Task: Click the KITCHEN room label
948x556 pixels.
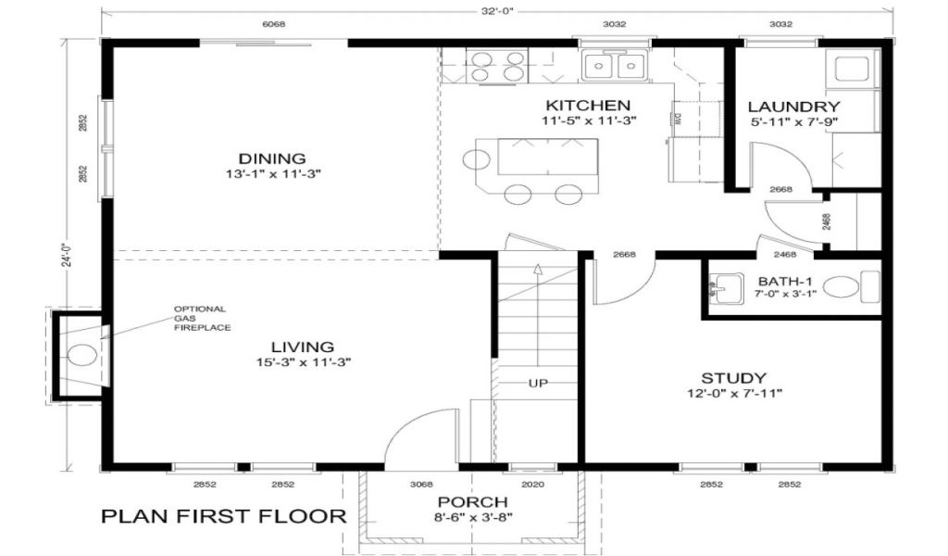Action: (x=588, y=106)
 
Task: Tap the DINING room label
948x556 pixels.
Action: (x=272, y=158)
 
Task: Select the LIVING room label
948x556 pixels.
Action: (x=303, y=347)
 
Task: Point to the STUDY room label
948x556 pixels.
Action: (x=733, y=378)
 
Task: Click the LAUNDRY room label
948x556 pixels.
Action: (x=793, y=107)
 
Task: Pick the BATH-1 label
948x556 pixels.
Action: (x=785, y=282)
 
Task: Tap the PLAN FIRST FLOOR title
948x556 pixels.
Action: (x=224, y=516)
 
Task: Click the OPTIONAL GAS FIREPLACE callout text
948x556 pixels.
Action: (x=202, y=318)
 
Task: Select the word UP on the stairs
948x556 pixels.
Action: (x=538, y=383)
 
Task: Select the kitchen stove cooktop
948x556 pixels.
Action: (x=497, y=66)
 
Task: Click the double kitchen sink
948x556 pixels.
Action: (x=615, y=65)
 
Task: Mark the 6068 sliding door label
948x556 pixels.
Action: (x=273, y=25)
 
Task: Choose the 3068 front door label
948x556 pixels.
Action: (x=421, y=484)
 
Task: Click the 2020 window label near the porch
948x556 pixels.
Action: (x=532, y=484)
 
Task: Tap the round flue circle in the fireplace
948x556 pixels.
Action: (x=81, y=355)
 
